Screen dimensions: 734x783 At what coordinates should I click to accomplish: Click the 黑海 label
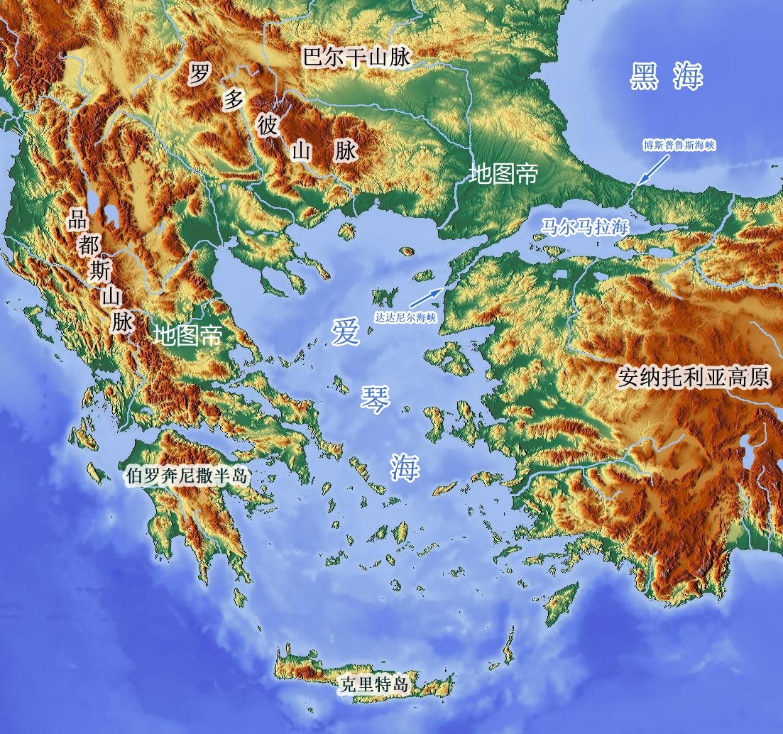point(665,77)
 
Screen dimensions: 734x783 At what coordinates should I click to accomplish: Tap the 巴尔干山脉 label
point(356,57)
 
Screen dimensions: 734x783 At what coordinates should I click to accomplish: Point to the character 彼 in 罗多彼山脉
point(268,126)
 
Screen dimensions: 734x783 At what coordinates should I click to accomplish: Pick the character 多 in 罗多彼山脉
point(234,99)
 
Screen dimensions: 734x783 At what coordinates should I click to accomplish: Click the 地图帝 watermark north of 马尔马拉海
point(503,173)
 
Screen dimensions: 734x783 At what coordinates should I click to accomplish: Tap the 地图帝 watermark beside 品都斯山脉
point(187,334)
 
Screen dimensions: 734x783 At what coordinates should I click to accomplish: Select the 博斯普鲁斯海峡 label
point(679,146)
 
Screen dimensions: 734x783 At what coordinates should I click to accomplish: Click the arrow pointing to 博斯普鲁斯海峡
point(652,170)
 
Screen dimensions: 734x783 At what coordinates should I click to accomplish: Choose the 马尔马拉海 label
point(585,227)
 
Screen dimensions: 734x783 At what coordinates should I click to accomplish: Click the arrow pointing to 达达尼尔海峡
point(426,297)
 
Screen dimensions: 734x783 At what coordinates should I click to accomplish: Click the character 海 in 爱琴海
point(404,467)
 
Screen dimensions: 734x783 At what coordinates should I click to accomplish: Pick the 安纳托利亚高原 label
point(694,376)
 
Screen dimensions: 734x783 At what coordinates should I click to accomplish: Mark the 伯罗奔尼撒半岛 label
point(186,476)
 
